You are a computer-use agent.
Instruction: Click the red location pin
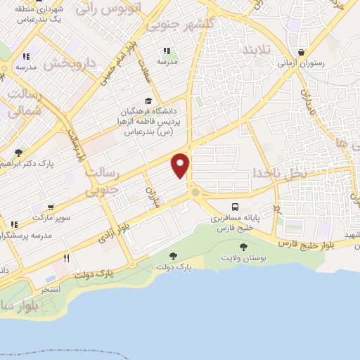[181, 165]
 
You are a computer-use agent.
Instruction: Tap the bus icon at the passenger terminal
[236, 207]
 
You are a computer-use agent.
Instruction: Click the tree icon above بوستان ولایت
[243, 247]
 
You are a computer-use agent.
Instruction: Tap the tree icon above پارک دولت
[173, 255]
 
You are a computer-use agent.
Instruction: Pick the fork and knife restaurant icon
[67, 258]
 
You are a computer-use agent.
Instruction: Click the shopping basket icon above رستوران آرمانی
[302, 52]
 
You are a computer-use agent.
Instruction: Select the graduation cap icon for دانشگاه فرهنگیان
[148, 101]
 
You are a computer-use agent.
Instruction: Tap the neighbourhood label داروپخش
[68, 63]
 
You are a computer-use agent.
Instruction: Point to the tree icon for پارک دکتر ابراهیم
[18, 152]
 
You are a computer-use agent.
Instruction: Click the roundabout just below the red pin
[195, 192]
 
